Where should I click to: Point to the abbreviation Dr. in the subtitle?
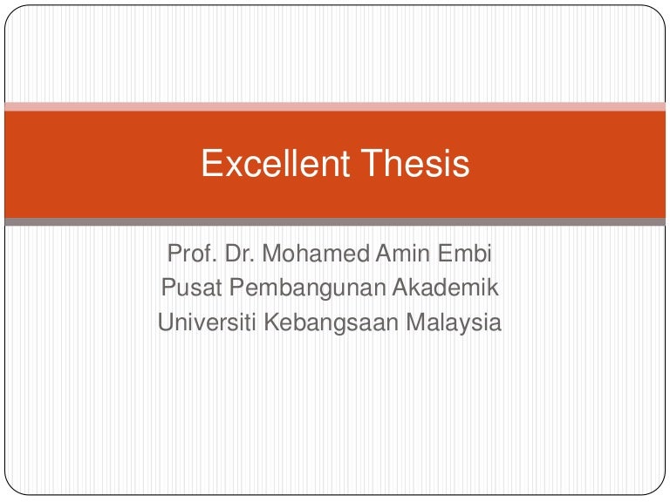click(x=237, y=256)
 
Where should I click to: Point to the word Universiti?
click(x=207, y=322)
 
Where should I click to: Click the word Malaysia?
click(x=455, y=323)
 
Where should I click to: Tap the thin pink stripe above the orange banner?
click(x=335, y=106)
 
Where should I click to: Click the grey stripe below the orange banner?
click(x=335, y=222)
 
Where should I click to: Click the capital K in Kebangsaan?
click(x=271, y=322)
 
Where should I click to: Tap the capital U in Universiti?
click(x=166, y=322)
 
